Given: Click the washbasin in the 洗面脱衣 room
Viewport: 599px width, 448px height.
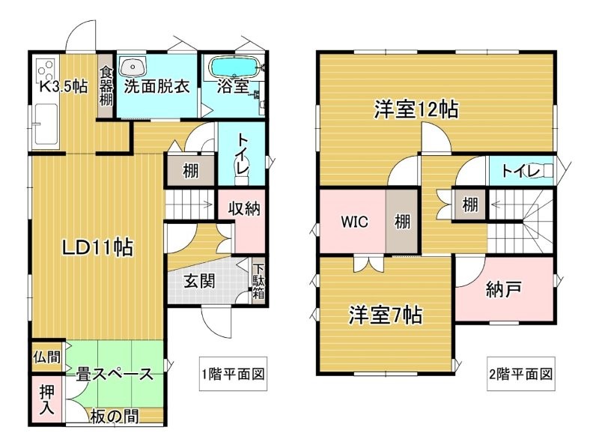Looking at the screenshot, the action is (x=133, y=67).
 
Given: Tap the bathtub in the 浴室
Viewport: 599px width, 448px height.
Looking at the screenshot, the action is (x=234, y=67).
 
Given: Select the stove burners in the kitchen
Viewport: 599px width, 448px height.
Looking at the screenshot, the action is (x=45, y=69).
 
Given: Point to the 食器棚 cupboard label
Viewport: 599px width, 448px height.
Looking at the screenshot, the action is (x=106, y=86).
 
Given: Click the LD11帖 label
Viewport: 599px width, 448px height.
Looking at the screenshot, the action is (x=98, y=248).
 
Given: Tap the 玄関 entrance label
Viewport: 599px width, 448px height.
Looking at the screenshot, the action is (x=199, y=282).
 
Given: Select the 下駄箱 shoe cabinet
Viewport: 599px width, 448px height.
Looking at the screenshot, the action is (x=258, y=282).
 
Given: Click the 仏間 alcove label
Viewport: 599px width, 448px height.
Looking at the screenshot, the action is (x=47, y=357).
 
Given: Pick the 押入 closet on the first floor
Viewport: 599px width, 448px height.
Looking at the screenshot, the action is (x=47, y=399).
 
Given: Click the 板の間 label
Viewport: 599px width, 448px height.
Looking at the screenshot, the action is (x=115, y=417).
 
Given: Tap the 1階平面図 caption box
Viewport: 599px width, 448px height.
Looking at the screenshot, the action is (x=233, y=374).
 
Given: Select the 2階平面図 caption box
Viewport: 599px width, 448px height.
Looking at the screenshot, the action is (x=520, y=374).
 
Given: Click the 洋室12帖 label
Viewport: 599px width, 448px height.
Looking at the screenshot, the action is (x=416, y=109).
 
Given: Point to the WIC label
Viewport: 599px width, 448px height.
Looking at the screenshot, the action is (x=354, y=222).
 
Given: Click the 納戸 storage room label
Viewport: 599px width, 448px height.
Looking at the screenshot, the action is (x=503, y=290).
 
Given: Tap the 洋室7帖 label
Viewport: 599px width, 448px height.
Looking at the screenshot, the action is (x=385, y=315).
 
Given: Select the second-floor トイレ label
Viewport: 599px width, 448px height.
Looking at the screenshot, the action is (x=520, y=171).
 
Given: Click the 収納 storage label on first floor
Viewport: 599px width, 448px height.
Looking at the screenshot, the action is (x=244, y=208).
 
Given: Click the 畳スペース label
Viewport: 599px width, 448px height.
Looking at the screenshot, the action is (x=115, y=374).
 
